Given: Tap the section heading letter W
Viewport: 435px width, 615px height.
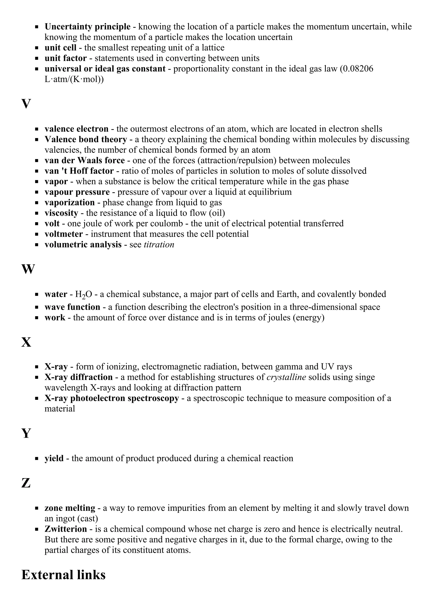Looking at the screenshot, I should (x=28, y=269).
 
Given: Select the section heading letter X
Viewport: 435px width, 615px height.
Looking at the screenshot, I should (x=26, y=342).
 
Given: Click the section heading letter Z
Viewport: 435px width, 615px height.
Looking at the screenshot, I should (x=26, y=483).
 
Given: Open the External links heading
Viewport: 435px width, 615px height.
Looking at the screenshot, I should (x=63, y=575).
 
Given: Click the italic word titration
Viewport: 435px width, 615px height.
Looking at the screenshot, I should (x=159, y=245).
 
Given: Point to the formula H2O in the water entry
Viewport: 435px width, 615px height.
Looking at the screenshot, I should (x=83, y=294).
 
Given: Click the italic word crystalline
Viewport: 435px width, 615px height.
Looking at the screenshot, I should (x=286, y=377).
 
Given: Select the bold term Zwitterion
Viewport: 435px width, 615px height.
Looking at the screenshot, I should (x=66, y=529).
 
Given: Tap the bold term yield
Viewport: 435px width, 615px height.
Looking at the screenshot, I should (x=54, y=458).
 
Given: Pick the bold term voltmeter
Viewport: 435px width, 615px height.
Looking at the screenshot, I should (x=64, y=234).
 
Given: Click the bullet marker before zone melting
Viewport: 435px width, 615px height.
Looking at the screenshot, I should (x=37, y=508).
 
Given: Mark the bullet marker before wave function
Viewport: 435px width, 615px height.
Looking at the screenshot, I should (x=37, y=307).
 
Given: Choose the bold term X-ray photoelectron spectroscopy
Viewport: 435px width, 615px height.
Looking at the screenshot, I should (x=112, y=398).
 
